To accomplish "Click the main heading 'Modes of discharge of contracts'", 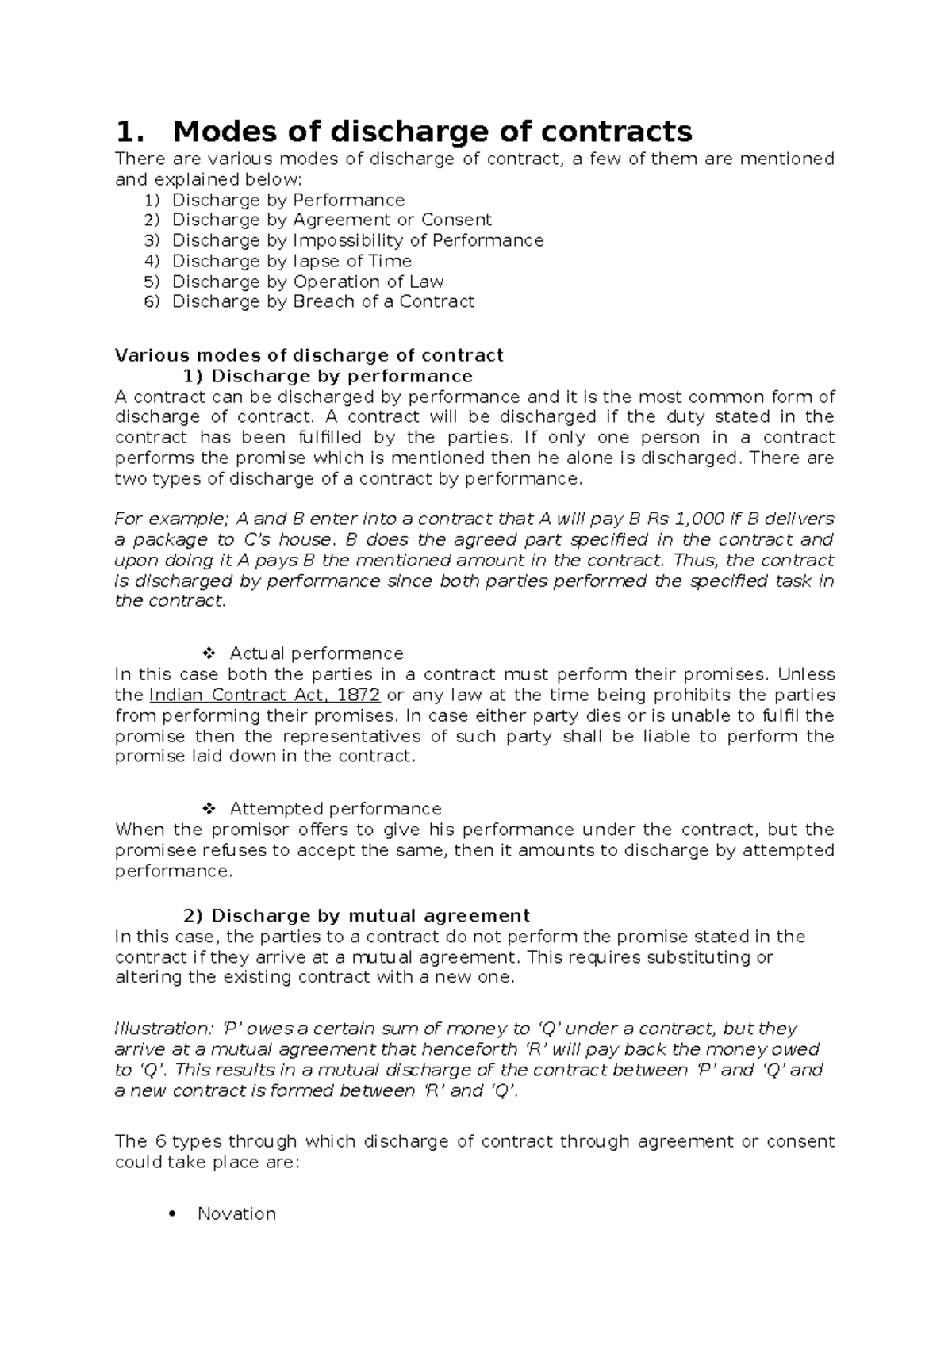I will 432,130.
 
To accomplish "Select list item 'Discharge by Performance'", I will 288,200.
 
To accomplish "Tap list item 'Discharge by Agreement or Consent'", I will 332,220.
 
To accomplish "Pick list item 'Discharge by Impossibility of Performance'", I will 358,240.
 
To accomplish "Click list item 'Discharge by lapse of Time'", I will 291,261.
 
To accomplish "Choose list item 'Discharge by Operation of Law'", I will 308,282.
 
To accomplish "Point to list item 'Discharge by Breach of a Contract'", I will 323,301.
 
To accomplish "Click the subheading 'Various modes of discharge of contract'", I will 309,355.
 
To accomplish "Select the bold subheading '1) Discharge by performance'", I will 328,376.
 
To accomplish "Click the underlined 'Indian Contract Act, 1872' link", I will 265,695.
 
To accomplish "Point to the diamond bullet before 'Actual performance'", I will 209,653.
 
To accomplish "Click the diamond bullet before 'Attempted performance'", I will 209,809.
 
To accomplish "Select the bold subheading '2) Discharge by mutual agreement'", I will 356,916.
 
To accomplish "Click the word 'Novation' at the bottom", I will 236,1214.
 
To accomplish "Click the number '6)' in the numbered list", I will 152,301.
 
